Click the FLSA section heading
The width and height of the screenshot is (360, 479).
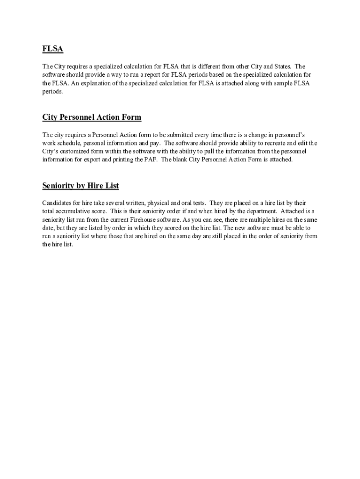point(52,49)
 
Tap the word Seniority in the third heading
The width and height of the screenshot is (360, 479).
point(58,186)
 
